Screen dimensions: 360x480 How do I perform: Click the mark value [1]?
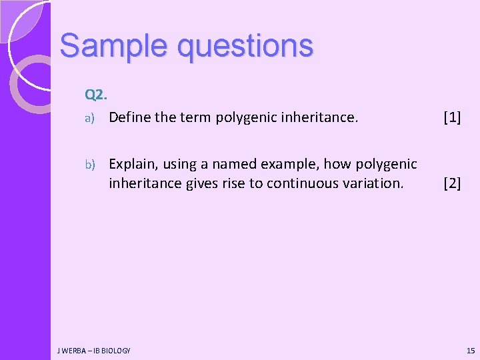pos(452,118)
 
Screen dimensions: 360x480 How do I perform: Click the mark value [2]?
pos(452,183)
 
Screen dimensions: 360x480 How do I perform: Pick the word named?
pos(233,164)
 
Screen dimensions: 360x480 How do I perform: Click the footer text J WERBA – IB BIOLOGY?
pos(94,351)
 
